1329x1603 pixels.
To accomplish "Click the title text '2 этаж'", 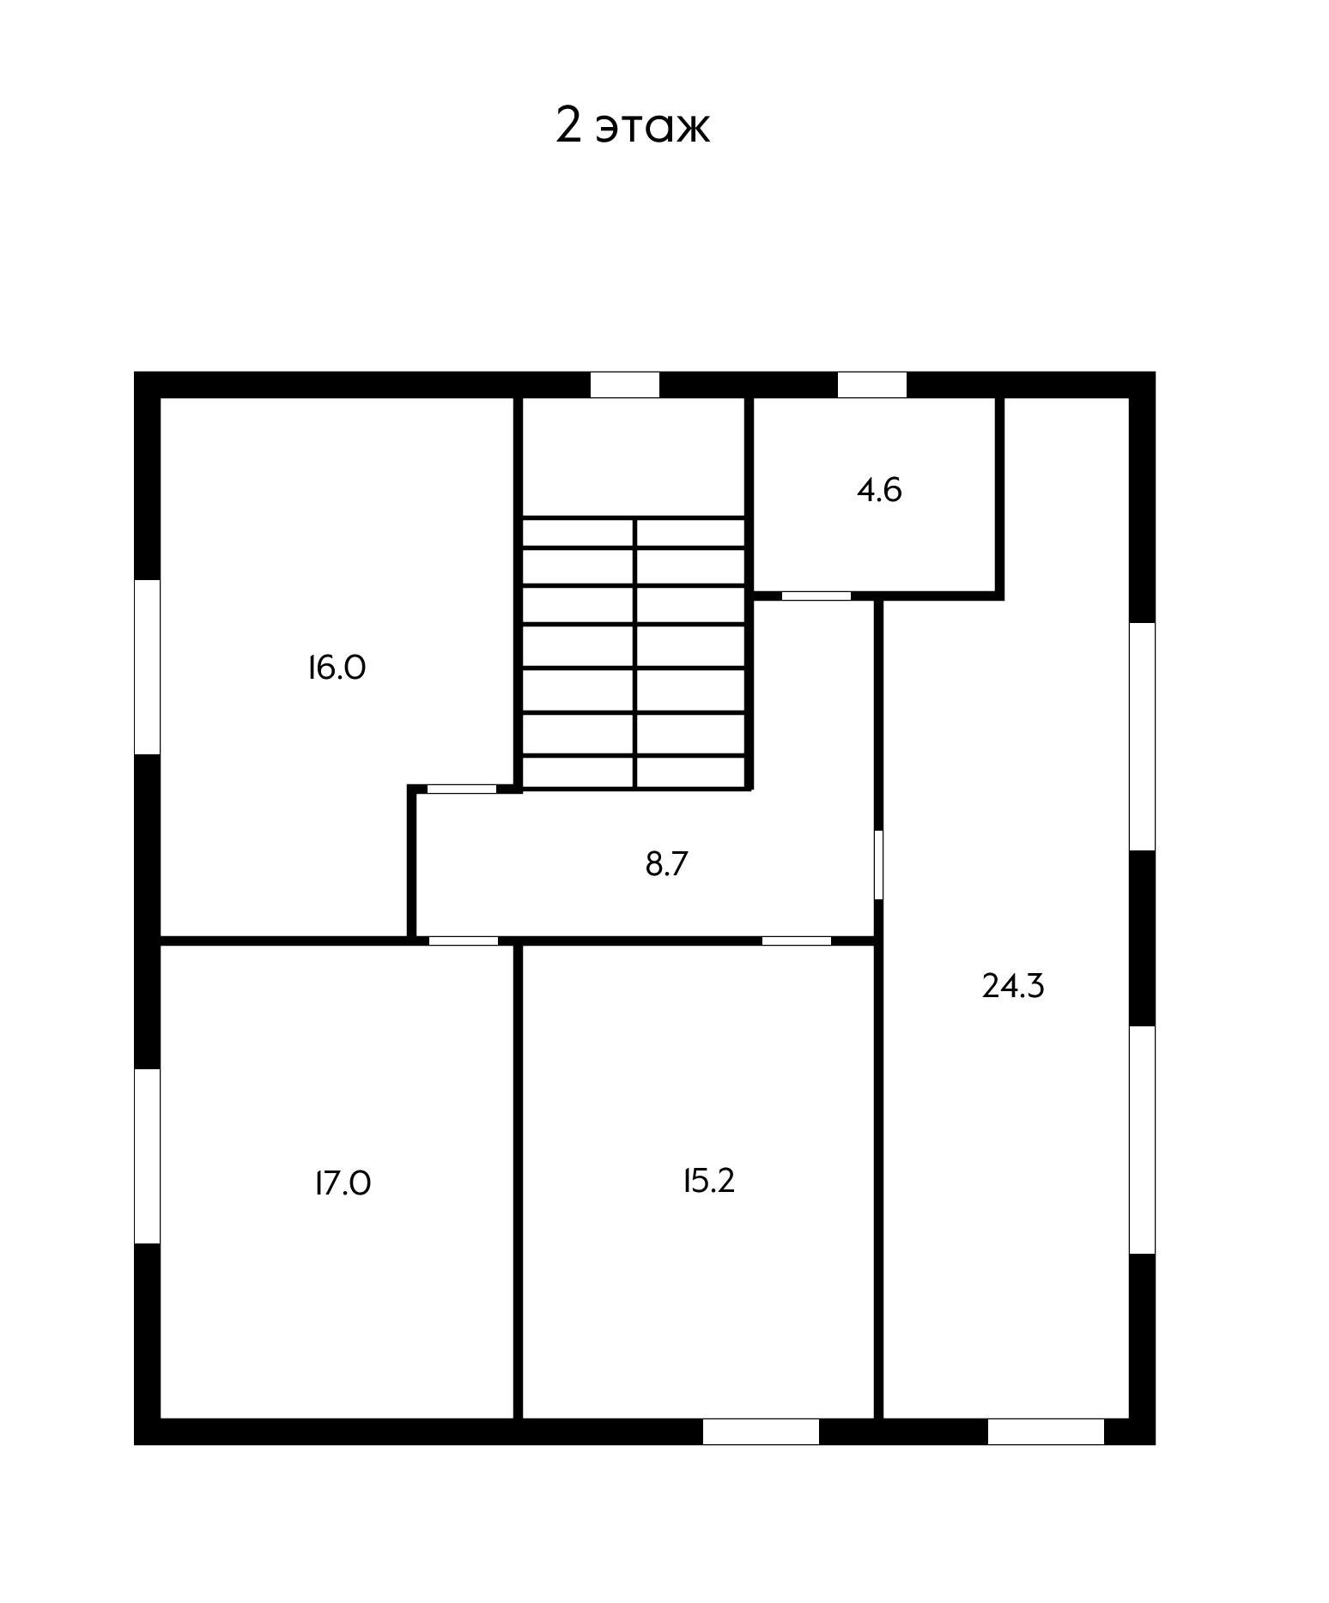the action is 633,126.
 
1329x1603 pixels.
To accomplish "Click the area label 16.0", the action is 337,668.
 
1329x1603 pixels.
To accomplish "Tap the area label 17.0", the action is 343,1183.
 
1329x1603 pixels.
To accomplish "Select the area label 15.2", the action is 709,1182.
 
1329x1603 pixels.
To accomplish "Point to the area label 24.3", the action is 1013,987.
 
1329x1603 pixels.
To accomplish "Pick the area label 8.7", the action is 667,864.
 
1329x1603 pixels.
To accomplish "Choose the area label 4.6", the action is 880,491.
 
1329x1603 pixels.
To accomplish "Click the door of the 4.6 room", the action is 816,596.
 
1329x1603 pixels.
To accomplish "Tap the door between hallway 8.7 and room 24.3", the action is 878,865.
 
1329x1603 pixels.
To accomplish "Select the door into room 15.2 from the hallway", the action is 797,941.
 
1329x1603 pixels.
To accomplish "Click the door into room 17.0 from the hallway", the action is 464,941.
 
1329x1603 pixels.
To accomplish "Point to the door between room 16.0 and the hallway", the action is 462,789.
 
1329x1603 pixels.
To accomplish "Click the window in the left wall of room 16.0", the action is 148,667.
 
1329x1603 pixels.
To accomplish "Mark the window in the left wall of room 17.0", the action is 148,1156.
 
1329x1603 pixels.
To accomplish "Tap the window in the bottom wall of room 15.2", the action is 762,1431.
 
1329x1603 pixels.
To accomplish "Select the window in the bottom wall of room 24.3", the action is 1046,1431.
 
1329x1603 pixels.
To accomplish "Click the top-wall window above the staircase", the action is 625,384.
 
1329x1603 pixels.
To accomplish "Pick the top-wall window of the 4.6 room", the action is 872,384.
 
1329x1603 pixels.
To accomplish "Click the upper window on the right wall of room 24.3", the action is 1142,736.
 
